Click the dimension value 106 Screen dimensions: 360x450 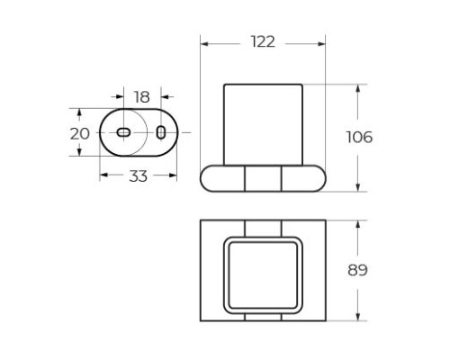(359, 137)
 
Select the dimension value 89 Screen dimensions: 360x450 (358, 269)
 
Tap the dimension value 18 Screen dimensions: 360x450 (142, 97)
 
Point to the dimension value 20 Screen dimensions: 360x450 (80, 132)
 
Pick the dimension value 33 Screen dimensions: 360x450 (138, 176)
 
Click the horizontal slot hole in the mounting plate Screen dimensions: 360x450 (123, 132)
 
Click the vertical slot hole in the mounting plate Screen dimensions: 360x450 (161, 132)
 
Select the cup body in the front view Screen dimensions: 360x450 (263, 123)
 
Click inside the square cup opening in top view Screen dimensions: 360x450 (263, 269)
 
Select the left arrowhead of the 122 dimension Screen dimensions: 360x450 (203, 43)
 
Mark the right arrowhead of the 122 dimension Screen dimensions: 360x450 (322, 43)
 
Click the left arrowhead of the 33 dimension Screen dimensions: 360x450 (102, 176)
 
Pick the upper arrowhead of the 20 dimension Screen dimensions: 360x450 (80, 112)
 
